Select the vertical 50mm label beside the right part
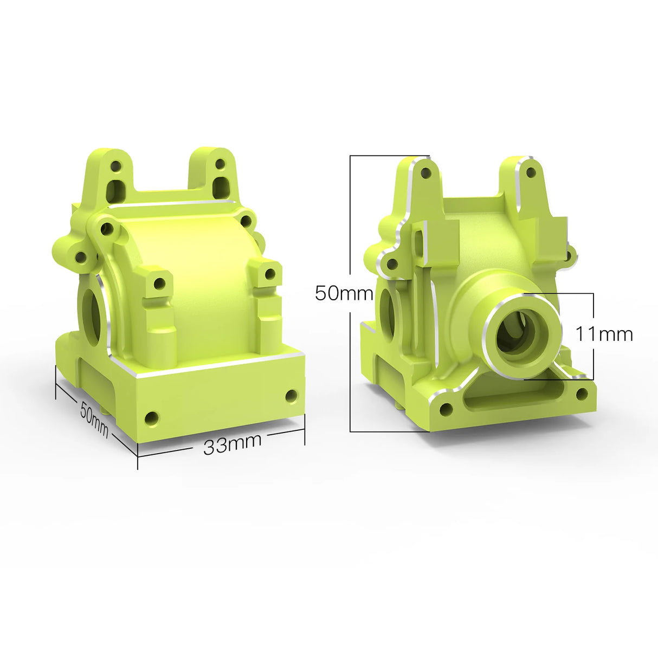pos(344,293)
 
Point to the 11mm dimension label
pos(604,334)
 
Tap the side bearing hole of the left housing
pos(92,317)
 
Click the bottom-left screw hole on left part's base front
pos(152,418)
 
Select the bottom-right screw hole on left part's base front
pos(291,396)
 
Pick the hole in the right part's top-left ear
pos(426,173)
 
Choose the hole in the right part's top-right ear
pos(531,172)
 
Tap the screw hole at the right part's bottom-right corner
pos(582,394)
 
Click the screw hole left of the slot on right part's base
pos(446,410)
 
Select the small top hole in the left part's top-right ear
pos(220,163)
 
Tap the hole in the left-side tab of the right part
pos(390,265)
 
